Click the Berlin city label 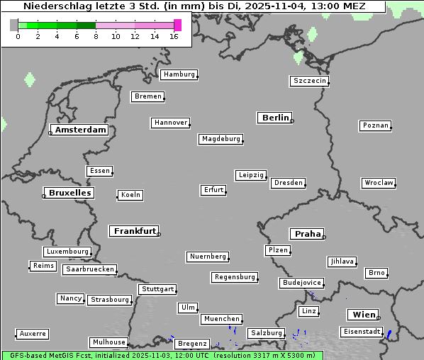[275, 118]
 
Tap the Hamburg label [179, 74]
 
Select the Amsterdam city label [80, 130]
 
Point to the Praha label [307, 234]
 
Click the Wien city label [362, 315]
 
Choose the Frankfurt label [134, 231]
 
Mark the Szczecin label [310, 81]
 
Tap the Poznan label [375, 125]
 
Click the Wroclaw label [378, 183]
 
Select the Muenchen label [221, 319]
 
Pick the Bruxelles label [69, 193]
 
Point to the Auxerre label [33, 333]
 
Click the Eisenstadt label [361, 332]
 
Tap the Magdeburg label [221, 139]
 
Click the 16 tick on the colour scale [174, 36]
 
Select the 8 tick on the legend [96, 36]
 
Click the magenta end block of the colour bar [177, 25]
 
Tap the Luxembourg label [67, 252]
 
